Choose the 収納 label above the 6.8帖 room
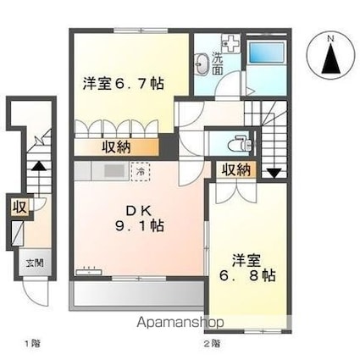(236, 170)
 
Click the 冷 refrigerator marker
(141, 170)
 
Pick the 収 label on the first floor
(18, 206)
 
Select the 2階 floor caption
(211, 343)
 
